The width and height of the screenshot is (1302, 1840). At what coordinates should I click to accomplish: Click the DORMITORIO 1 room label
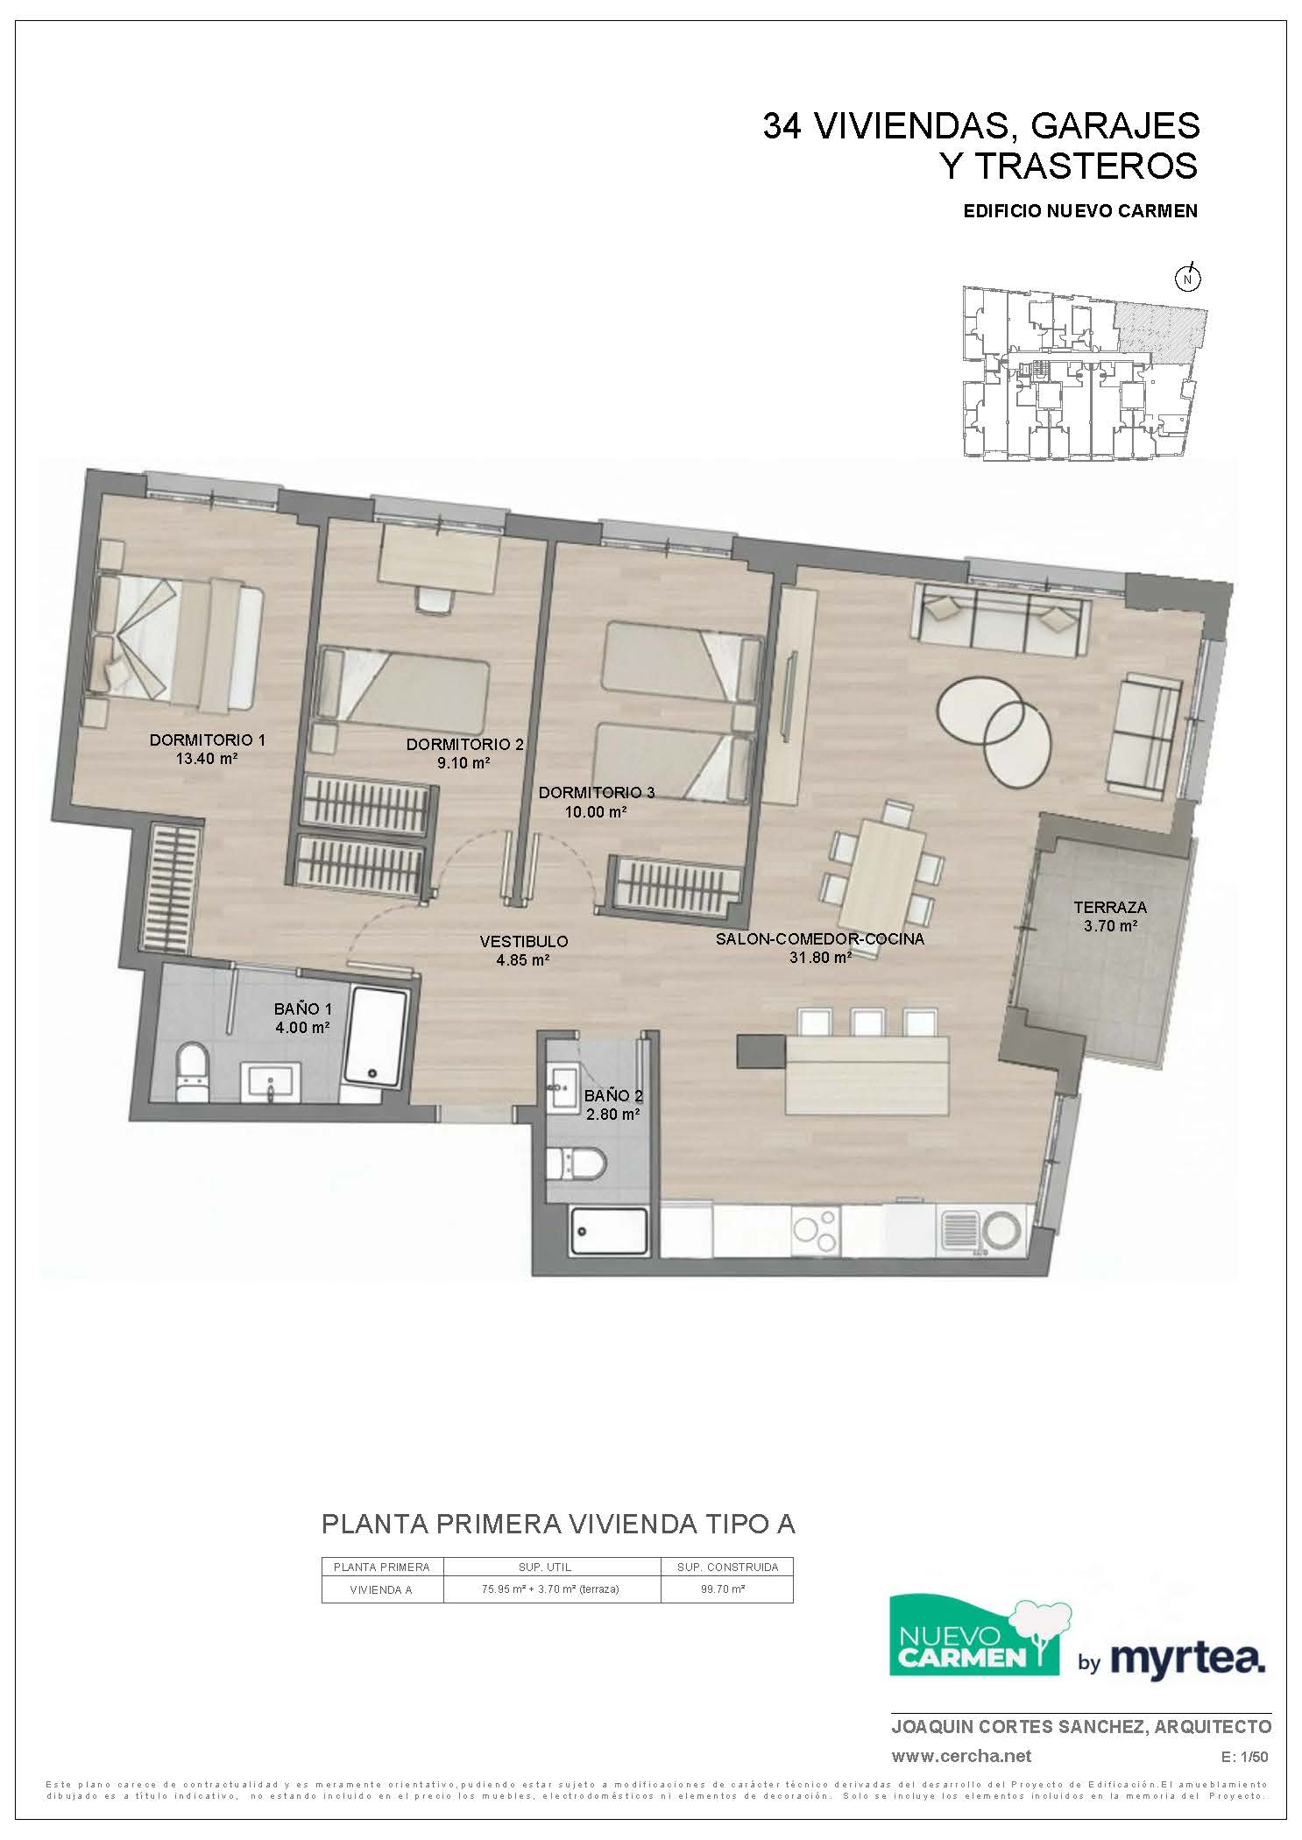click(x=207, y=740)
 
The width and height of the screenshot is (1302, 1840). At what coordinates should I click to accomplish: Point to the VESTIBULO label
click(x=524, y=941)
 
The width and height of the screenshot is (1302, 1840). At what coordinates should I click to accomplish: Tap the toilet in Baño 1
click(x=191, y=1071)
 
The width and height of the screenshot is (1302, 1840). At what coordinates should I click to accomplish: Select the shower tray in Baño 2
click(x=609, y=1231)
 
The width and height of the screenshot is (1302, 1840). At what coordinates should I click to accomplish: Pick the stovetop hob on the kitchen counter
click(x=816, y=1230)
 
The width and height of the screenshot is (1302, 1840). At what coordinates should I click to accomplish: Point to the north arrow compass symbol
click(x=1188, y=278)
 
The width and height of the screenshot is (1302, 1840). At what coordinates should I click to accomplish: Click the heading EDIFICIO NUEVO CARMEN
click(x=1079, y=211)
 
